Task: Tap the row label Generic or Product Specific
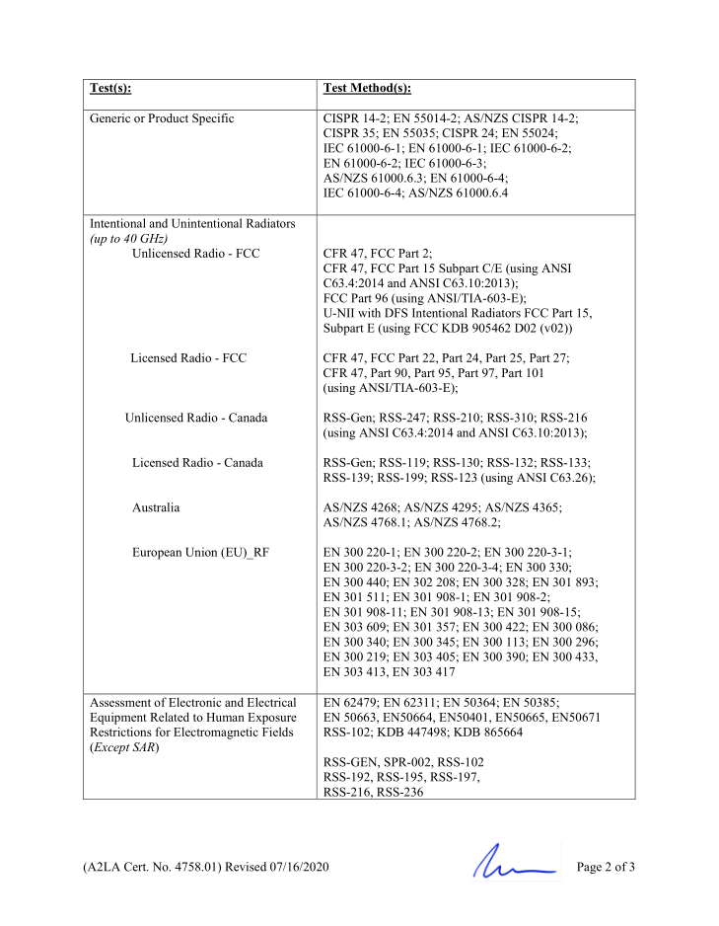point(162,118)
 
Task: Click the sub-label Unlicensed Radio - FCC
point(195,254)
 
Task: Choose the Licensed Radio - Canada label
point(197,462)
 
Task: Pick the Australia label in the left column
point(156,507)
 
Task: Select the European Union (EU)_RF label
point(200,552)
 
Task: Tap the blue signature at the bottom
point(513,865)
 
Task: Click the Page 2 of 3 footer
point(606,868)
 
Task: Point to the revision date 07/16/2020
point(295,868)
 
